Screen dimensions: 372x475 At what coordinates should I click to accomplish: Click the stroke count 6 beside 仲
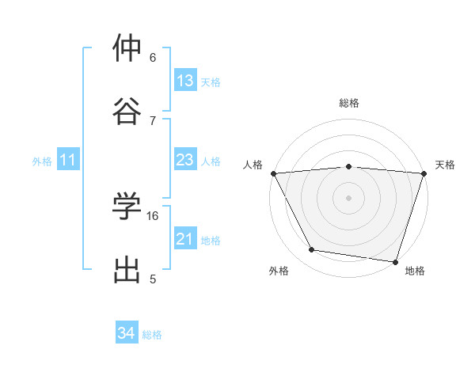[x=153, y=58]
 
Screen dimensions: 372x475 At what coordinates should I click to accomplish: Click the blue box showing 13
[x=185, y=81]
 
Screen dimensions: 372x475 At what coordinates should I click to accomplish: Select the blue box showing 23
[x=185, y=160]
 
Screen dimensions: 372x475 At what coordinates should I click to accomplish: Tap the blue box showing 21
[x=185, y=239]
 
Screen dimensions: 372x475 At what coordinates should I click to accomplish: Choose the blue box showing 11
[x=68, y=160]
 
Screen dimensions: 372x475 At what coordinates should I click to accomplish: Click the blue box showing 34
[x=127, y=333]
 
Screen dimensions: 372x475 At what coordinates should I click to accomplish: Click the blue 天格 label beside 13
[x=211, y=82]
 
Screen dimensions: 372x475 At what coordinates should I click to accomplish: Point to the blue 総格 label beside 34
[x=152, y=335]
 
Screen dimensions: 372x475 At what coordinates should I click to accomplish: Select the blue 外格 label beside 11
[x=42, y=161]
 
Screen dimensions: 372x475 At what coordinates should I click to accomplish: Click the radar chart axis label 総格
[x=349, y=103]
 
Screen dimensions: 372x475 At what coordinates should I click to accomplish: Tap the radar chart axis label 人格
[x=253, y=165]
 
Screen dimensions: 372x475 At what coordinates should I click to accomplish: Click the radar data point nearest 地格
[x=395, y=261]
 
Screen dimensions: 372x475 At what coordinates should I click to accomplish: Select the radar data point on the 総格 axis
[x=349, y=166]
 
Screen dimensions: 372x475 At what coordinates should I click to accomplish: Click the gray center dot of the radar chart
[x=349, y=197]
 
